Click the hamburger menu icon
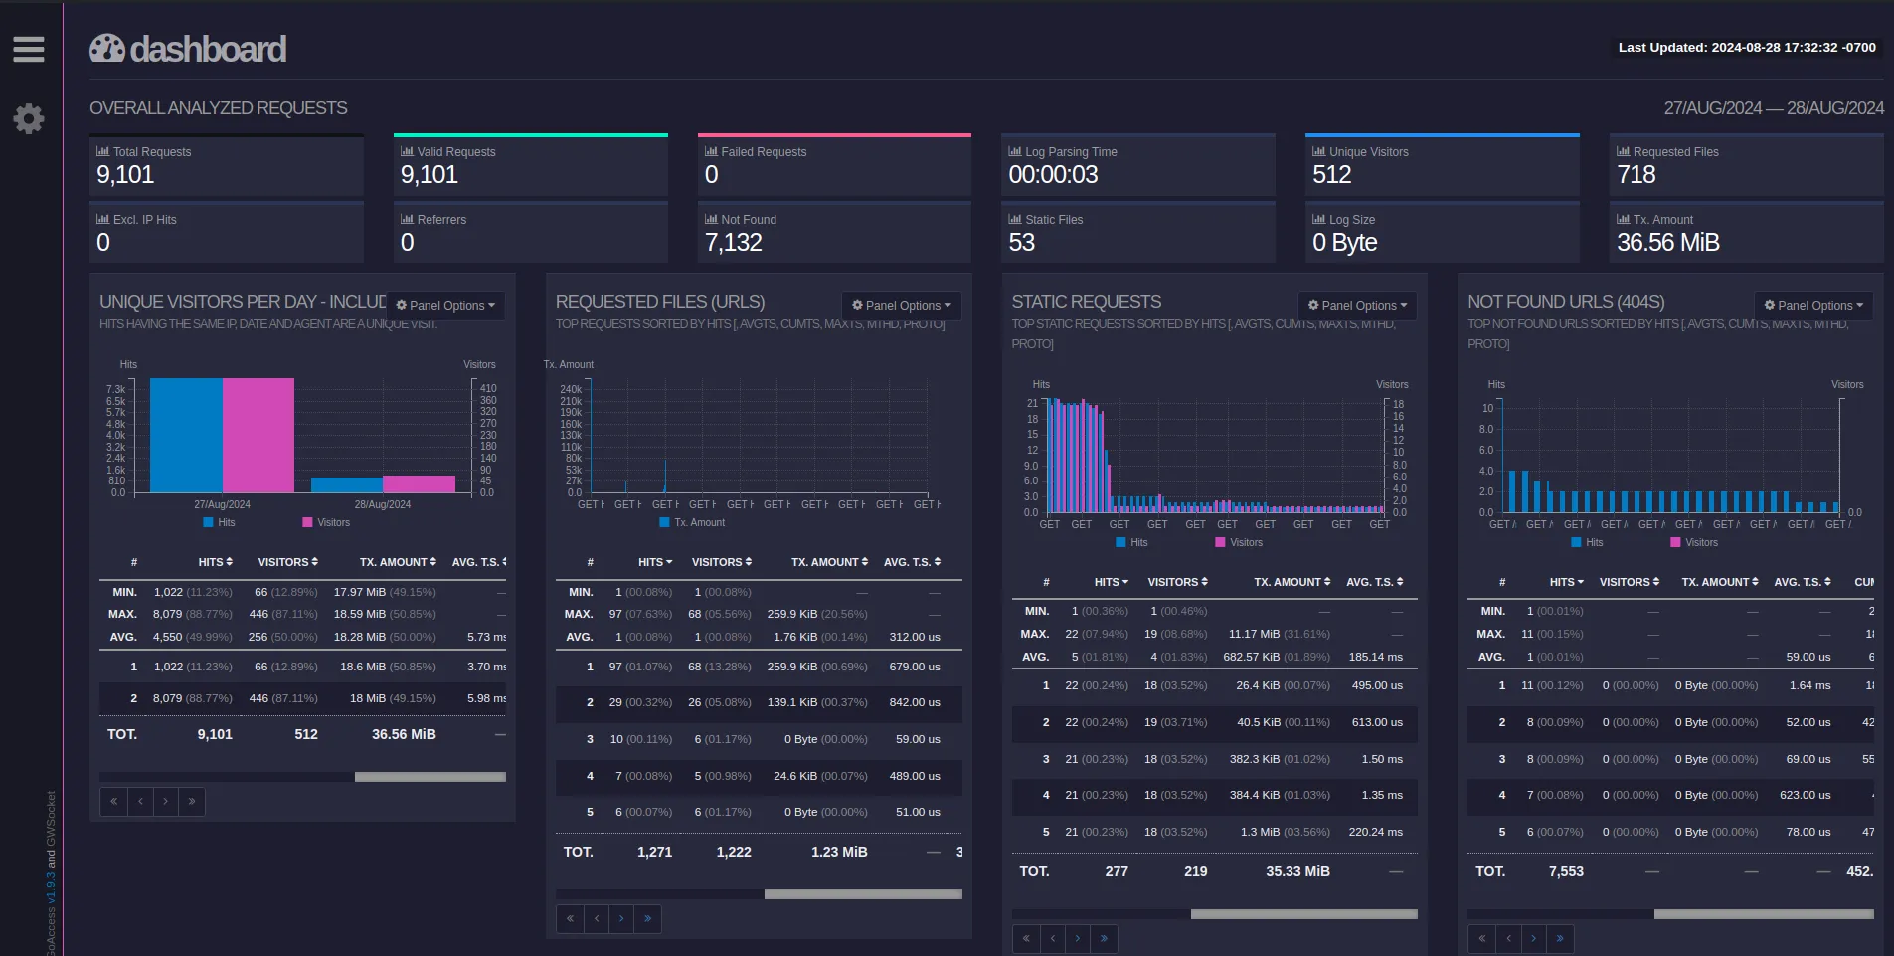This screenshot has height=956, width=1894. point(28,49)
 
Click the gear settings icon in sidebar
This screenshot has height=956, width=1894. point(29,118)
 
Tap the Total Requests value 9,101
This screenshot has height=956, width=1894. point(125,175)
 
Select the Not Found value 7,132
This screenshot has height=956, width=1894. point(733,243)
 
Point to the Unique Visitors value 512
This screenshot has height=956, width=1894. point(1331,175)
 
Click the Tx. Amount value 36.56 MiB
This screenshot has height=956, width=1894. point(1667,243)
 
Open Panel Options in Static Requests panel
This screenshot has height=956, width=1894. point(1357,306)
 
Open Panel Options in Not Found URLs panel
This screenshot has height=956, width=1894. point(1813,306)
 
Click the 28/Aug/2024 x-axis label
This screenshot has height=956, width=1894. point(383,504)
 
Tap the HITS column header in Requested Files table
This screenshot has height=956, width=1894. point(654,562)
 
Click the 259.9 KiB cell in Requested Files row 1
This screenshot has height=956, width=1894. point(792,667)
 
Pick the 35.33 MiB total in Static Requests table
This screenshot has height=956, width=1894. point(1297,871)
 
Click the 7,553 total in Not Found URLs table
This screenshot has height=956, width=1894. point(1566,871)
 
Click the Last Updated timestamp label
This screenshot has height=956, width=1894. point(1747,47)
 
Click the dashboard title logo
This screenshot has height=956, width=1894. point(188,49)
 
